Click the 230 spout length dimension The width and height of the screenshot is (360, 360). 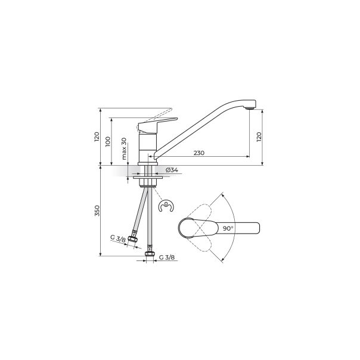(x=198, y=153)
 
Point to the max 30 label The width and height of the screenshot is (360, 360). (x=124, y=148)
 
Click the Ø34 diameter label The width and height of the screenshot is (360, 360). (x=171, y=170)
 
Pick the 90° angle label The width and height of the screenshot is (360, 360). (x=228, y=228)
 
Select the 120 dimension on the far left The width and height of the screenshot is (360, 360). (x=97, y=137)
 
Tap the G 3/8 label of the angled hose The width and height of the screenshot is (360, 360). (x=117, y=239)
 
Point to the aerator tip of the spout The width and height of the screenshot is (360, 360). (x=251, y=110)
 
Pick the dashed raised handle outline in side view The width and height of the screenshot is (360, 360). (x=156, y=113)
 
